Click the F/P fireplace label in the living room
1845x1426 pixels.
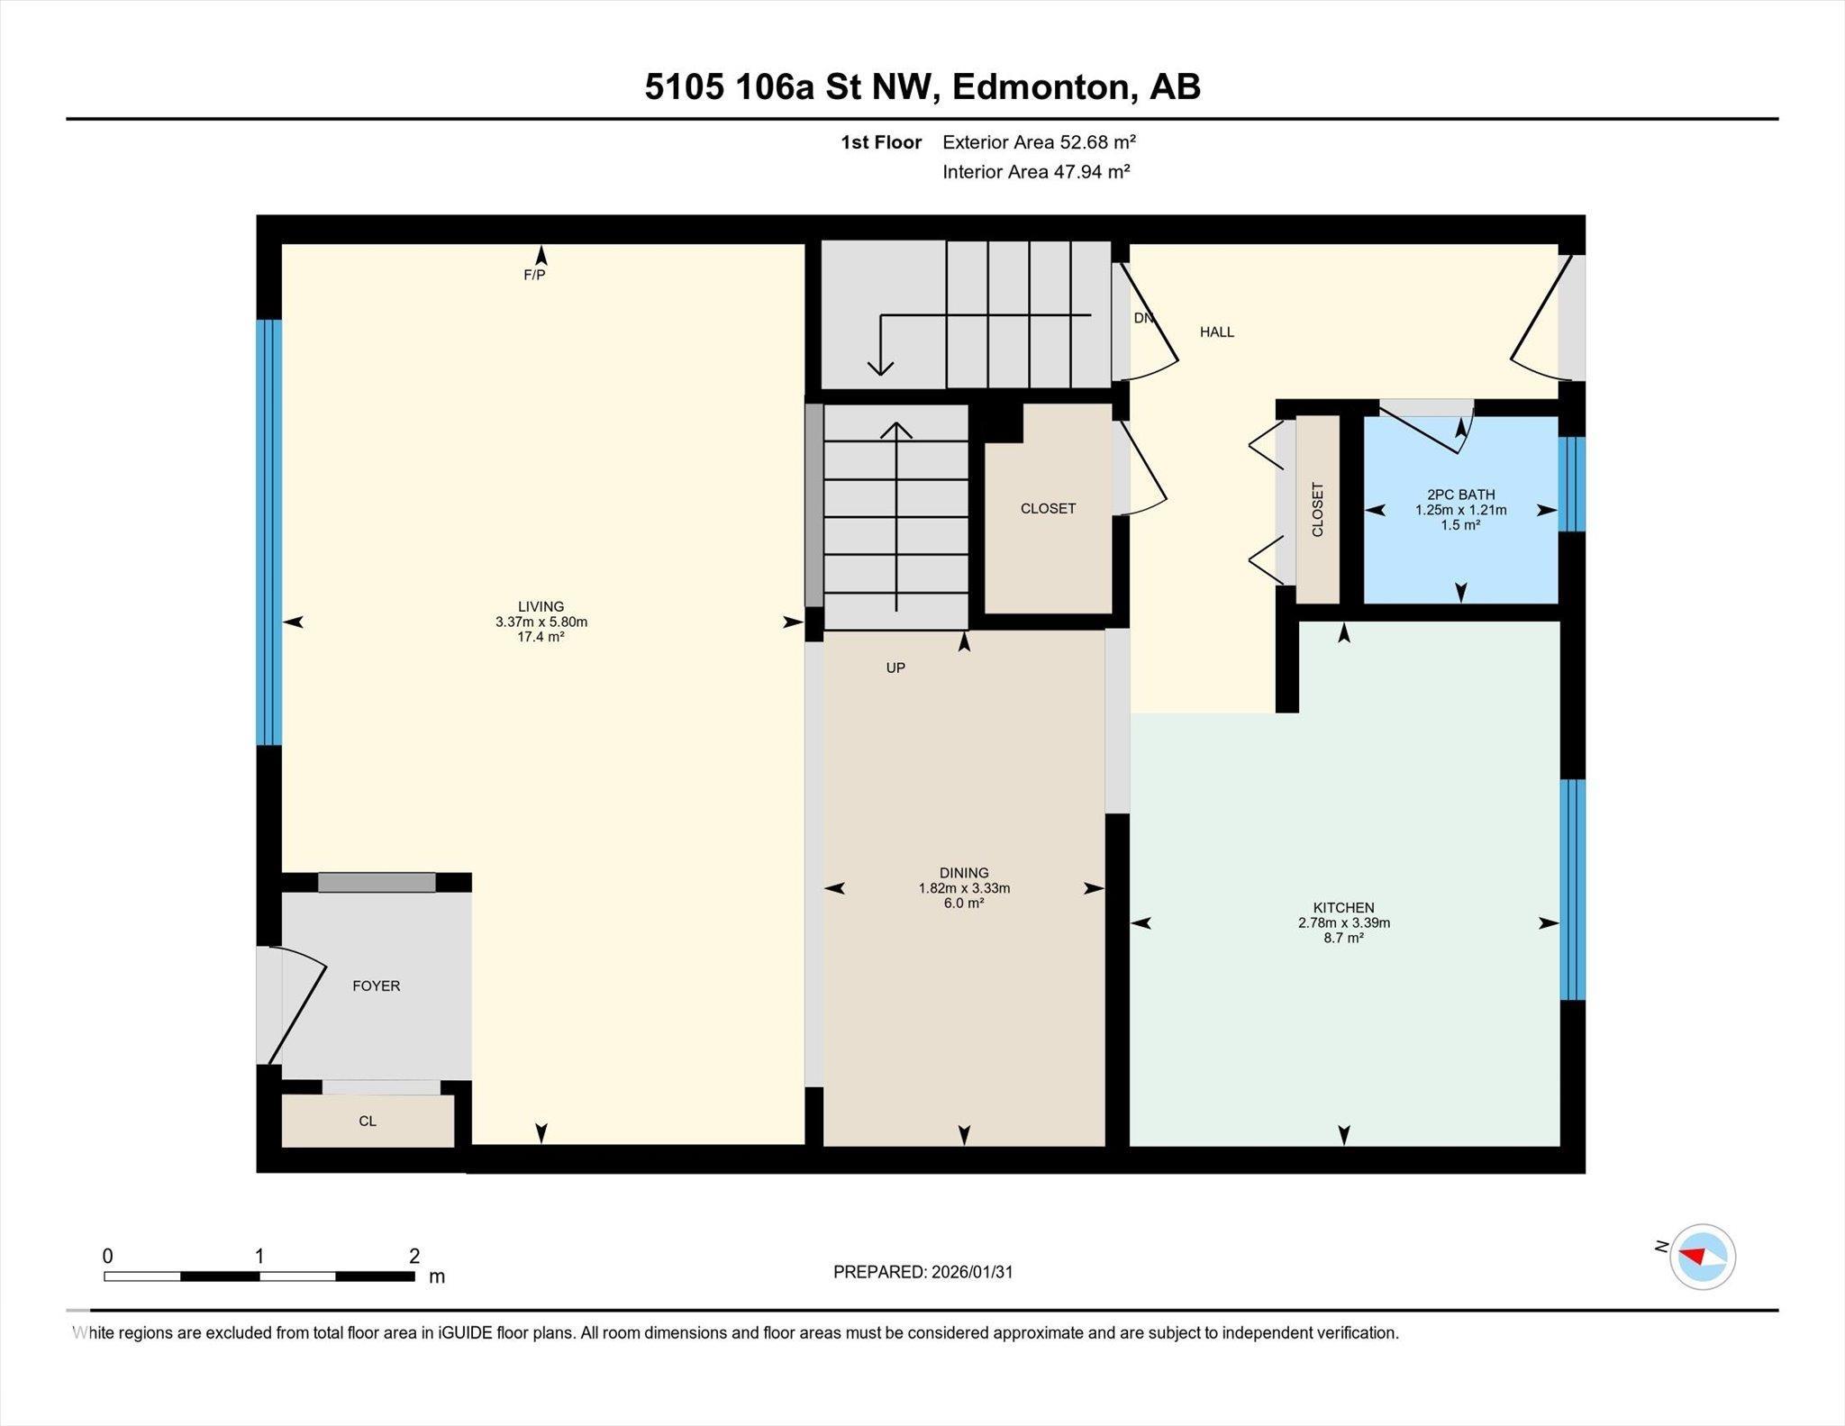point(534,275)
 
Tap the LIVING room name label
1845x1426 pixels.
point(541,606)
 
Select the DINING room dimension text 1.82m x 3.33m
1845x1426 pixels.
point(964,888)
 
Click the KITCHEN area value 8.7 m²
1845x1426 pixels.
point(1343,938)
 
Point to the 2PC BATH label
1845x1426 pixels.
point(1460,495)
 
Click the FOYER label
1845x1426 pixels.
point(376,986)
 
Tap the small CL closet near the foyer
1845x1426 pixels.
point(368,1122)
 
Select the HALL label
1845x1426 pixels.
point(1216,332)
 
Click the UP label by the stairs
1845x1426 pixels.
point(895,668)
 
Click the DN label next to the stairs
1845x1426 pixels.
point(1142,318)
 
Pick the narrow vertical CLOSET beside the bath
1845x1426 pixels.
point(1317,510)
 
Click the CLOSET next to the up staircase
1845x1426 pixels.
point(1048,509)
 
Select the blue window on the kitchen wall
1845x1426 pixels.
point(1572,889)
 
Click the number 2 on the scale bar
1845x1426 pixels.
point(414,1256)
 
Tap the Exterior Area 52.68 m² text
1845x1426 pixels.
point(1039,142)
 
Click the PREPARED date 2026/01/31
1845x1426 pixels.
point(972,1272)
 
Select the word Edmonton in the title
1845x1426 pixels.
point(1040,87)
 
